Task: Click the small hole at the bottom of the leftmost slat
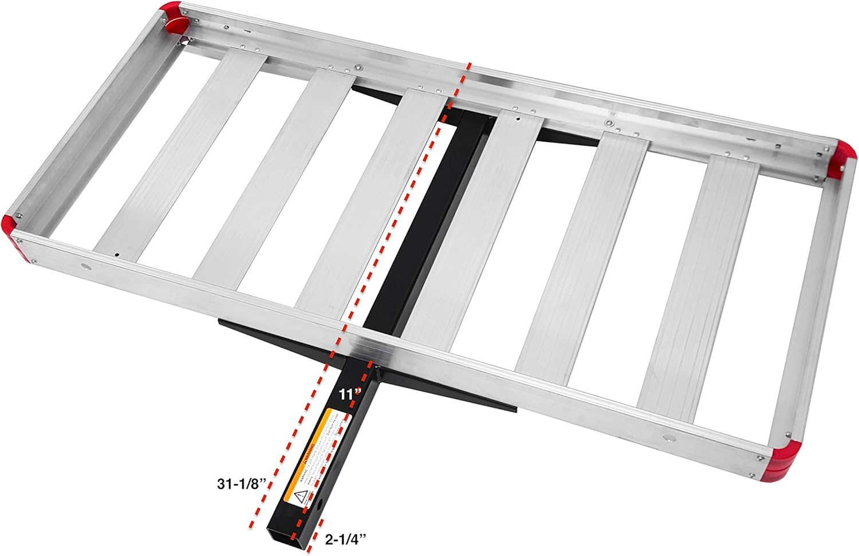[x=116, y=254]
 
